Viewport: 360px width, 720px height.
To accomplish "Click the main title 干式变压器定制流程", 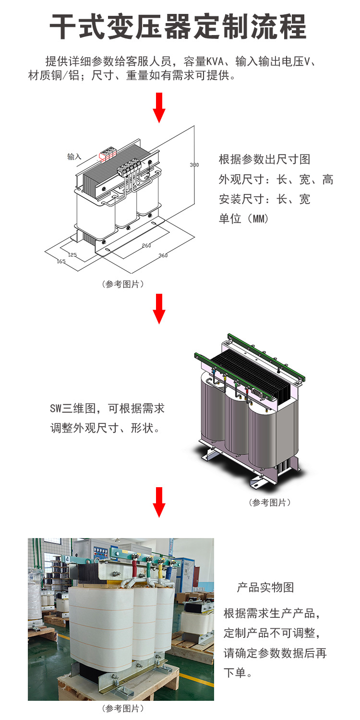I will [179, 27].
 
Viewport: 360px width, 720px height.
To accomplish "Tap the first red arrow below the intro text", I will [159, 108].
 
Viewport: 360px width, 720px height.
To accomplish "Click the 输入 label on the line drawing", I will [74, 156].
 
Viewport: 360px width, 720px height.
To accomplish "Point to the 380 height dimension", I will [194, 165].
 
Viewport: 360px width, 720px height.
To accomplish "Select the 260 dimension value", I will [146, 245].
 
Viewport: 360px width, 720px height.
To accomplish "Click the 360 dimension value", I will [163, 255].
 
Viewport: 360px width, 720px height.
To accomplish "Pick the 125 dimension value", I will [72, 254].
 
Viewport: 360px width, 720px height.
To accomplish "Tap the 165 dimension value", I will [61, 261].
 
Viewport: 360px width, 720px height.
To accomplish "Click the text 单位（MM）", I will [244, 218].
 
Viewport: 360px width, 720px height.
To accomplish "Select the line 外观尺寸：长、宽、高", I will [276, 180].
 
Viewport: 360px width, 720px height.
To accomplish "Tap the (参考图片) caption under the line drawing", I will [122, 284].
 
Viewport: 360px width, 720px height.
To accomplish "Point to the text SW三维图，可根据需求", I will [108, 408].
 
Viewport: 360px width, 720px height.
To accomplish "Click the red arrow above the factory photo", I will [159, 502].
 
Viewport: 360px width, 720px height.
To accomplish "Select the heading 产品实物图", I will [265, 588].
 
